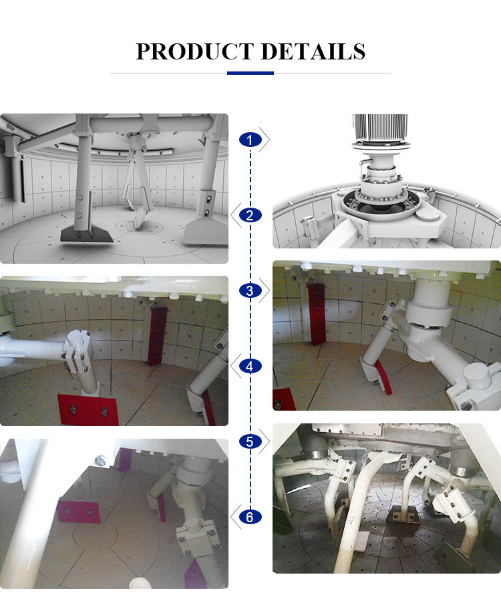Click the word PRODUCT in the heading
point(194,51)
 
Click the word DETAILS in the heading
point(313,51)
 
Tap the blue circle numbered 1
point(251,140)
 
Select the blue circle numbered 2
point(251,215)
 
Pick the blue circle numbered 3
point(251,290)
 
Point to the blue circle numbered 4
point(251,367)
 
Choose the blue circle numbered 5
point(251,441)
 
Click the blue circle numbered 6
point(251,518)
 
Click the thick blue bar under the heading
point(251,73)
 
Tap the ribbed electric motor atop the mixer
point(380,127)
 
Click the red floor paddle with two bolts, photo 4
point(88,410)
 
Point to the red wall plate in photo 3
point(317,315)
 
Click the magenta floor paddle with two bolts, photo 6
point(78,511)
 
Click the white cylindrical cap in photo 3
point(479,376)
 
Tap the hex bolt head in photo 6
point(101,461)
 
